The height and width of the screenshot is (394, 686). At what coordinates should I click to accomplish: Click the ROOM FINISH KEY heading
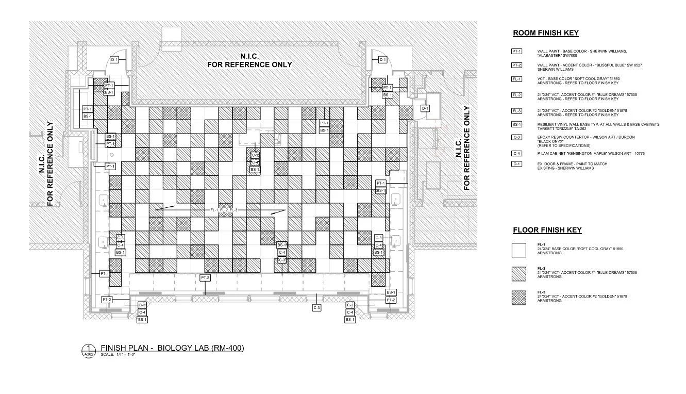click(545, 33)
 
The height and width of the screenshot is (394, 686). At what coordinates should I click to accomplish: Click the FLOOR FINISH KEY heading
click(547, 230)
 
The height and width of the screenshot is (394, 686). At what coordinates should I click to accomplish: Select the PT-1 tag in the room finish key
click(516, 51)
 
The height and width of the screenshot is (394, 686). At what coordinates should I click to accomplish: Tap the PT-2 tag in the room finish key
click(516, 65)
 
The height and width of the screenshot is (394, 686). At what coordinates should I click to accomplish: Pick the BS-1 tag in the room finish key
click(516, 124)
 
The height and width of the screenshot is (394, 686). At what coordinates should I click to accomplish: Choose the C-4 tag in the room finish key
click(516, 154)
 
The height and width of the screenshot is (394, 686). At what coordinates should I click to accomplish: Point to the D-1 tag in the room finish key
click(516, 164)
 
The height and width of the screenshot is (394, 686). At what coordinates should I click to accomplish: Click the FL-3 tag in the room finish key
click(516, 110)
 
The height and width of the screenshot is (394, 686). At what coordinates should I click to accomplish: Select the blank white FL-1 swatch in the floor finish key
click(518, 250)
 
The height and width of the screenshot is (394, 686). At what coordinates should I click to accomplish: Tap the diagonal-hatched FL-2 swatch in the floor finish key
click(518, 274)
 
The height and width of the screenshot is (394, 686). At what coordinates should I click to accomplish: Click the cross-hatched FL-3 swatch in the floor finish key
click(518, 298)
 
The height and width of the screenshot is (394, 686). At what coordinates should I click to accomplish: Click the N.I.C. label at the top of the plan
click(249, 56)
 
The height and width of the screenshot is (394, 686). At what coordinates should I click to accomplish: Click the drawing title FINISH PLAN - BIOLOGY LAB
click(172, 348)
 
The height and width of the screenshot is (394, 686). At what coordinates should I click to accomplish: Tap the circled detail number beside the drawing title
click(89, 348)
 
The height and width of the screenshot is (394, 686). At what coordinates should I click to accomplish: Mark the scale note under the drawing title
click(118, 355)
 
